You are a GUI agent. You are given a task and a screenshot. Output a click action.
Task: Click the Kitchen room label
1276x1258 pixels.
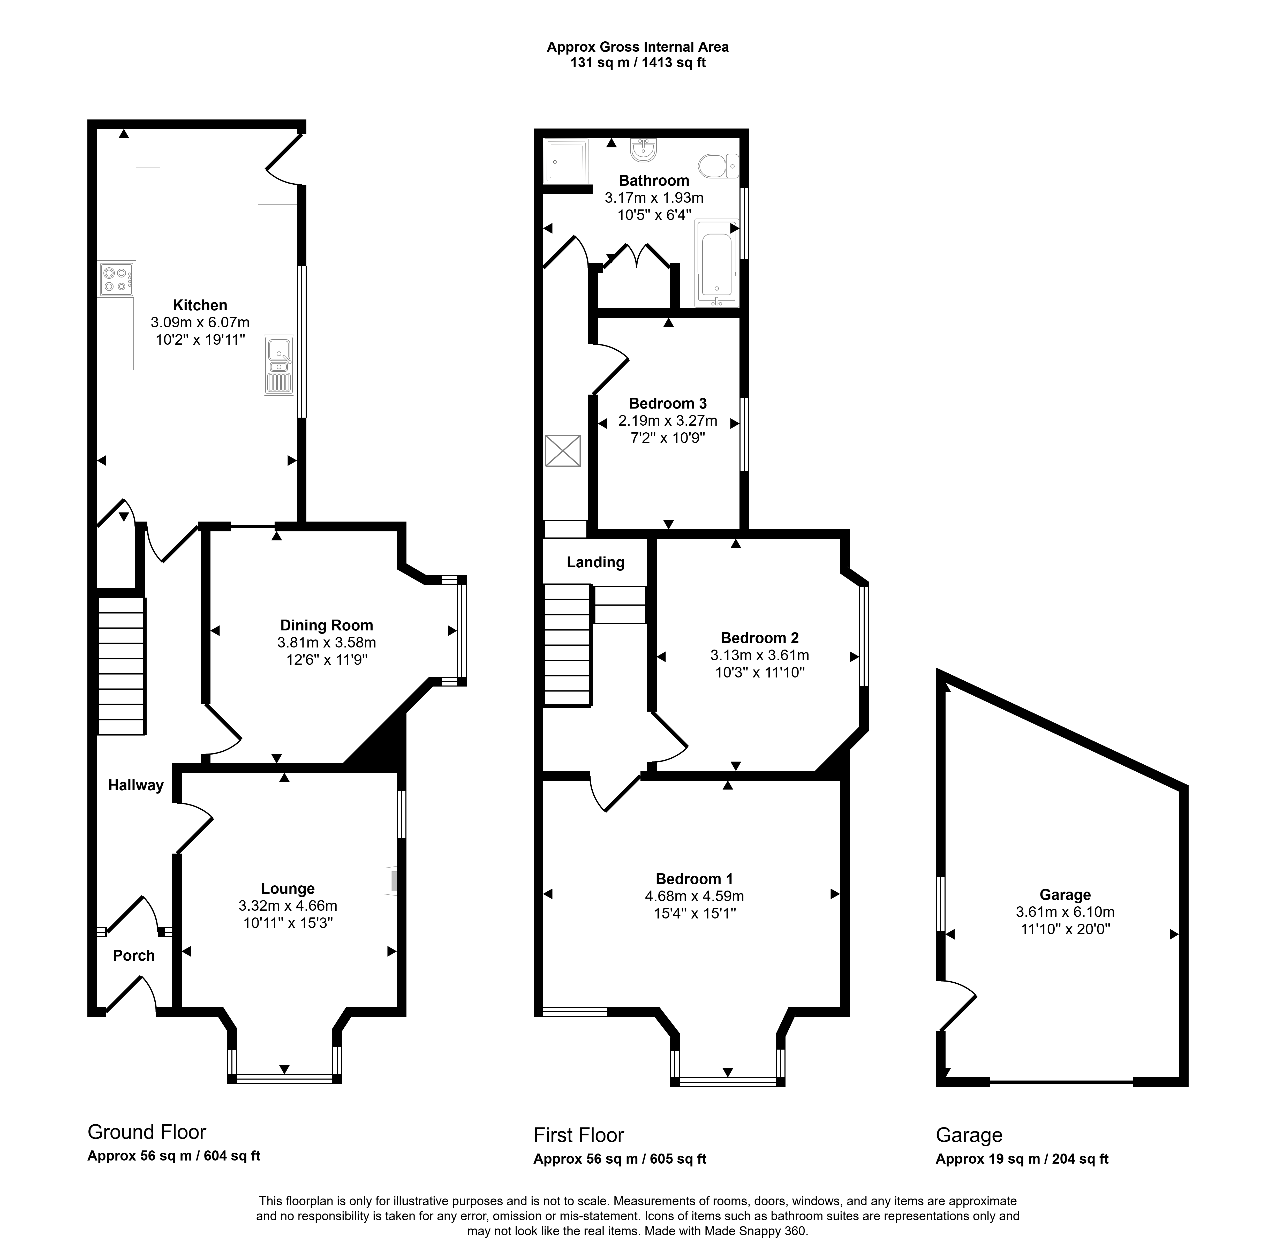click(x=200, y=305)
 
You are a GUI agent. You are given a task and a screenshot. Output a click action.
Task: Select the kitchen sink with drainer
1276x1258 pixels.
click(x=279, y=365)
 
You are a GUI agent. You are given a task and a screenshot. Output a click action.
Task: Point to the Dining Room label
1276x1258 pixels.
click(x=326, y=625)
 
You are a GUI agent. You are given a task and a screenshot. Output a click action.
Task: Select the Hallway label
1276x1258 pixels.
click(x=136, y=785)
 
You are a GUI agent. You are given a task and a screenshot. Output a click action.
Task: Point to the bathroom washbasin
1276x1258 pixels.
click(x=643, y=150)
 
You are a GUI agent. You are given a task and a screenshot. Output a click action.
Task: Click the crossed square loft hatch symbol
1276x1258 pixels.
click(x=563, y=450)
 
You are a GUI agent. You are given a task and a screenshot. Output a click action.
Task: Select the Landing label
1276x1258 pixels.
click(x=596, y=562)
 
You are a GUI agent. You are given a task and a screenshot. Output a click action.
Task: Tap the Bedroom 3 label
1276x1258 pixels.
click(x=668, y=403)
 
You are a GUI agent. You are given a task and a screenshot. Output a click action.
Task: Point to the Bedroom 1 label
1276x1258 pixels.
click(x=694, y=879)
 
